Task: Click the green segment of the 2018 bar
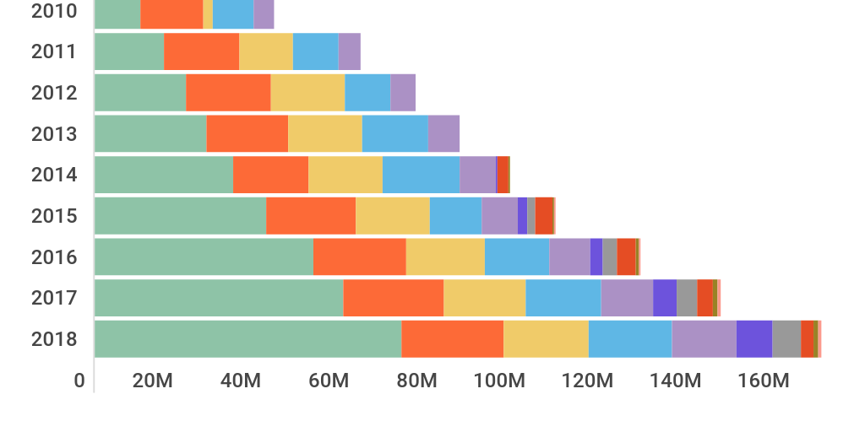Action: (x=248, y=338)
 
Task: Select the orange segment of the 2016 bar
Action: (x=359, y=256)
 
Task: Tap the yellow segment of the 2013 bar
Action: (x=324, y=133)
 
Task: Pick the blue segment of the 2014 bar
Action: (x=421, y=175)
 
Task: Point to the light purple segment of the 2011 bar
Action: (x=349, y=51)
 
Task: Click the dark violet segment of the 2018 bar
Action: (x=753, y=338)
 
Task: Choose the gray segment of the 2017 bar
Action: (x=687, y=297)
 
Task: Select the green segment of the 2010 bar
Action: (x=117, y=13)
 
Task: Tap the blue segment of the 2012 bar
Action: (x=367, y=92)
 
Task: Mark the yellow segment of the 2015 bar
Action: (x=392, y=215)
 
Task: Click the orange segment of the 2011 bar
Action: (x=201, y=51)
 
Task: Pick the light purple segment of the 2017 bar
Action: (x=626, y=297)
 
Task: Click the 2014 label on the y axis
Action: (x=54, y=175)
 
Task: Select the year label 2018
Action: (x=54, y=339)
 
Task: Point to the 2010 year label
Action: (x=54, y=12)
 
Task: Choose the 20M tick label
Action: (x=153, y=381)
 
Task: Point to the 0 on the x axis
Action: (x=79, y=381)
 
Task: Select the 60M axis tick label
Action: (x=328, y=381)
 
